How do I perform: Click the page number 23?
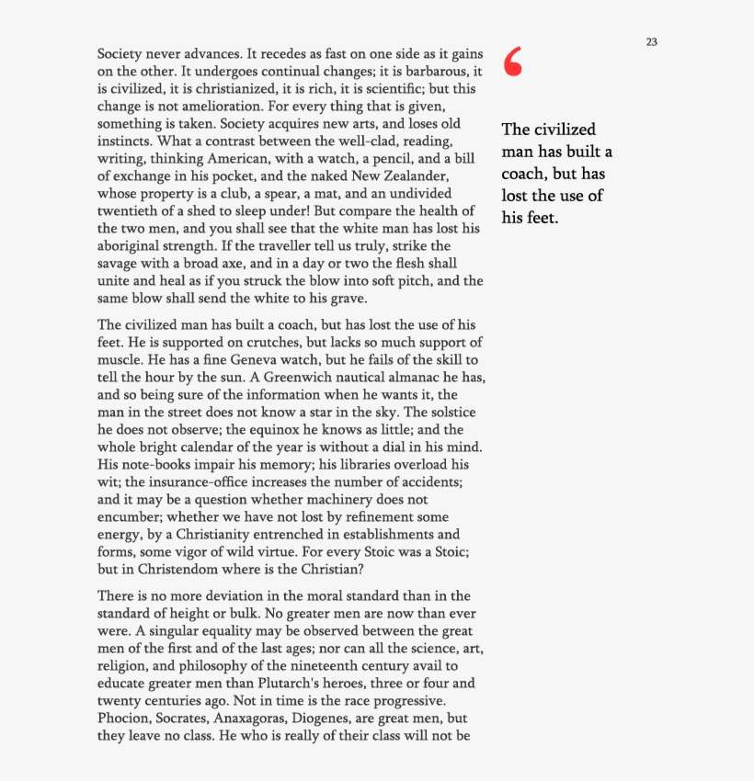tap(651, 42)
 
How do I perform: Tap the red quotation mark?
tap(513, 62)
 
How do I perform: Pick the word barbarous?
tap(431, 71)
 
